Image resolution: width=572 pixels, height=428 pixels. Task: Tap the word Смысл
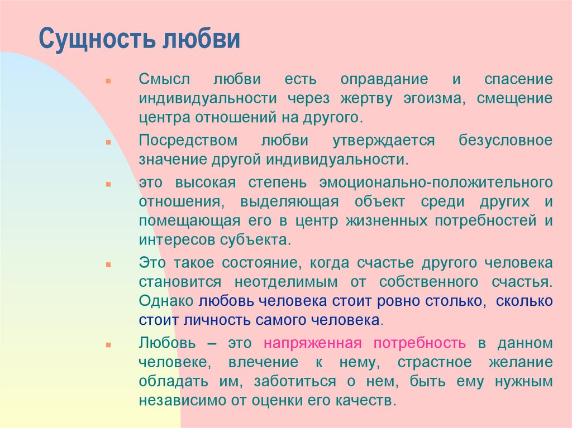coord(164,79)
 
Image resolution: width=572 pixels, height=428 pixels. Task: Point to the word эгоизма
coord(434,99)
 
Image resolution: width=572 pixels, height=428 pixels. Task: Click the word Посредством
coord(188,141)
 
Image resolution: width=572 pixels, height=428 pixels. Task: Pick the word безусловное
coord(506,141)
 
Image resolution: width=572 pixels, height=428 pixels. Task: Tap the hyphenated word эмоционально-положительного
coord(436,182)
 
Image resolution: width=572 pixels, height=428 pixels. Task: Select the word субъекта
coord(255,240)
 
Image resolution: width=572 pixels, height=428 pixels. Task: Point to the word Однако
coord(166,301)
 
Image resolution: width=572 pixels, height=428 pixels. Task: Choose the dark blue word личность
coord(217,320)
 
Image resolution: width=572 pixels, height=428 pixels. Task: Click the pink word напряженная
coord(313,343)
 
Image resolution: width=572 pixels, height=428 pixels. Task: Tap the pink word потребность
coord(420,343)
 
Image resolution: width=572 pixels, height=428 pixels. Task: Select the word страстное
coord(435,363)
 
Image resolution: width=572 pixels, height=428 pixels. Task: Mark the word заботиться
coord(295,382)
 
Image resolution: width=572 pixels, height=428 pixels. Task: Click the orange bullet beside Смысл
coord(108,81)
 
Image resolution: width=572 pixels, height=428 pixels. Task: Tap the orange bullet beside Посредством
coord(108,142)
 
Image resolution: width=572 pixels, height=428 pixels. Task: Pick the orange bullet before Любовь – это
coord(108,344)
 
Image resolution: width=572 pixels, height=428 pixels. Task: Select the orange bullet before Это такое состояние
coord(108,265)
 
